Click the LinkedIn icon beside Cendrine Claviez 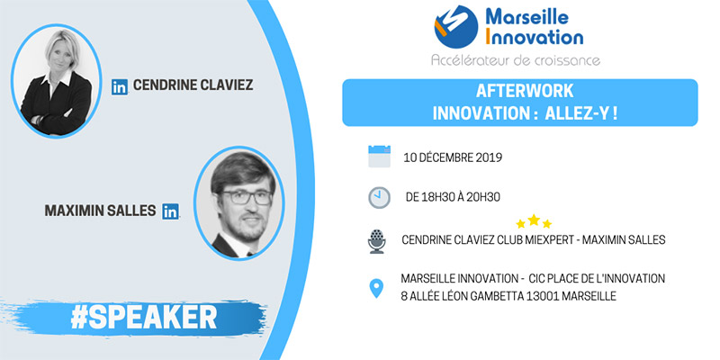tap(120, 86)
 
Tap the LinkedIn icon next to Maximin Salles tap(170, 211)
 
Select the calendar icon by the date tap(379, 156)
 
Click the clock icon tap(379, 197)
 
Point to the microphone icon tap(377, 241)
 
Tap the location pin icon tap(376, 288)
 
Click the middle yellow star tap(534, 220)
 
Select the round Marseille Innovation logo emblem tap(456, 27)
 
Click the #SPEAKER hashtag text tap(144, 317)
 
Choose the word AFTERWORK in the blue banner tap(525, 91)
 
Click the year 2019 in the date tap(488, 157)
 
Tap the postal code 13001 tap(544, 296)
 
